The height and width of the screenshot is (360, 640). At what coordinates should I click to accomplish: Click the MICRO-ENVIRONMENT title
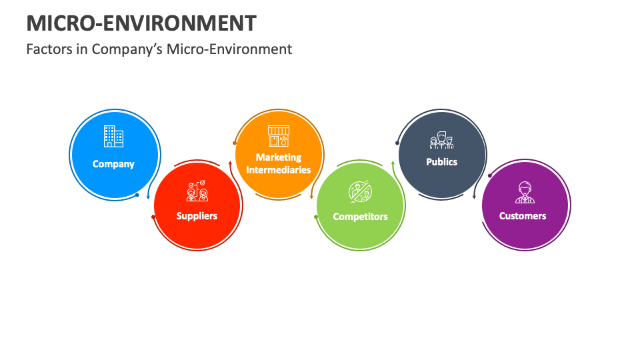(141, 23)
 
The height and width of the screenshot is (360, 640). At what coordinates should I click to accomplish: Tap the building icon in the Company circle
(113, 136)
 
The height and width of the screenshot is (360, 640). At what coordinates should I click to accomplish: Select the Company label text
(113, 164)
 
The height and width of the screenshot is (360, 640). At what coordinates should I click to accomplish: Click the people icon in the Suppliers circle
(197, 191)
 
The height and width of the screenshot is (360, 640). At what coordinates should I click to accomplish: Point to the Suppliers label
(197, 216)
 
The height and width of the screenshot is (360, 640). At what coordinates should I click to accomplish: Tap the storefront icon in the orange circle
(279, 136)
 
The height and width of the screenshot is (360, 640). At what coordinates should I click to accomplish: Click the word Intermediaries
(279, 170)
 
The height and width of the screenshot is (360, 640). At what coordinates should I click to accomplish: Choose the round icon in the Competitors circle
(360, 191)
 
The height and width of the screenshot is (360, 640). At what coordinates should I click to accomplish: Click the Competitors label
(360, 217)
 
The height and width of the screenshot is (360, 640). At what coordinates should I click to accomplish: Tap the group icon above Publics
(441, 140)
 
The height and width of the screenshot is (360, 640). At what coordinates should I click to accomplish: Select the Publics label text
(441, 162)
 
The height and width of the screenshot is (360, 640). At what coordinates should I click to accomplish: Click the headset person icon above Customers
(523, 192)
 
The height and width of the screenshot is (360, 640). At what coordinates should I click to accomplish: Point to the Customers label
(523, 216)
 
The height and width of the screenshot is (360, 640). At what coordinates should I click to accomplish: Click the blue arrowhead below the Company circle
(148, 198)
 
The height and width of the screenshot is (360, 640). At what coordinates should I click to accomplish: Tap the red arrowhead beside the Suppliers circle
(230, 162)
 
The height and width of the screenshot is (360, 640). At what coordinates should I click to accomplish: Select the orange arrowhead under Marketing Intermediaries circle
(311, 197)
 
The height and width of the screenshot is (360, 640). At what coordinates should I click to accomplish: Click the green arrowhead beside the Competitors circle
(393, 162)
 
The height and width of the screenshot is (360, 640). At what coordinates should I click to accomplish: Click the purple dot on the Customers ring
(490, 175)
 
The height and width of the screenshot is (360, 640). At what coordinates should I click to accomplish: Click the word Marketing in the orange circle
(279, 157)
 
